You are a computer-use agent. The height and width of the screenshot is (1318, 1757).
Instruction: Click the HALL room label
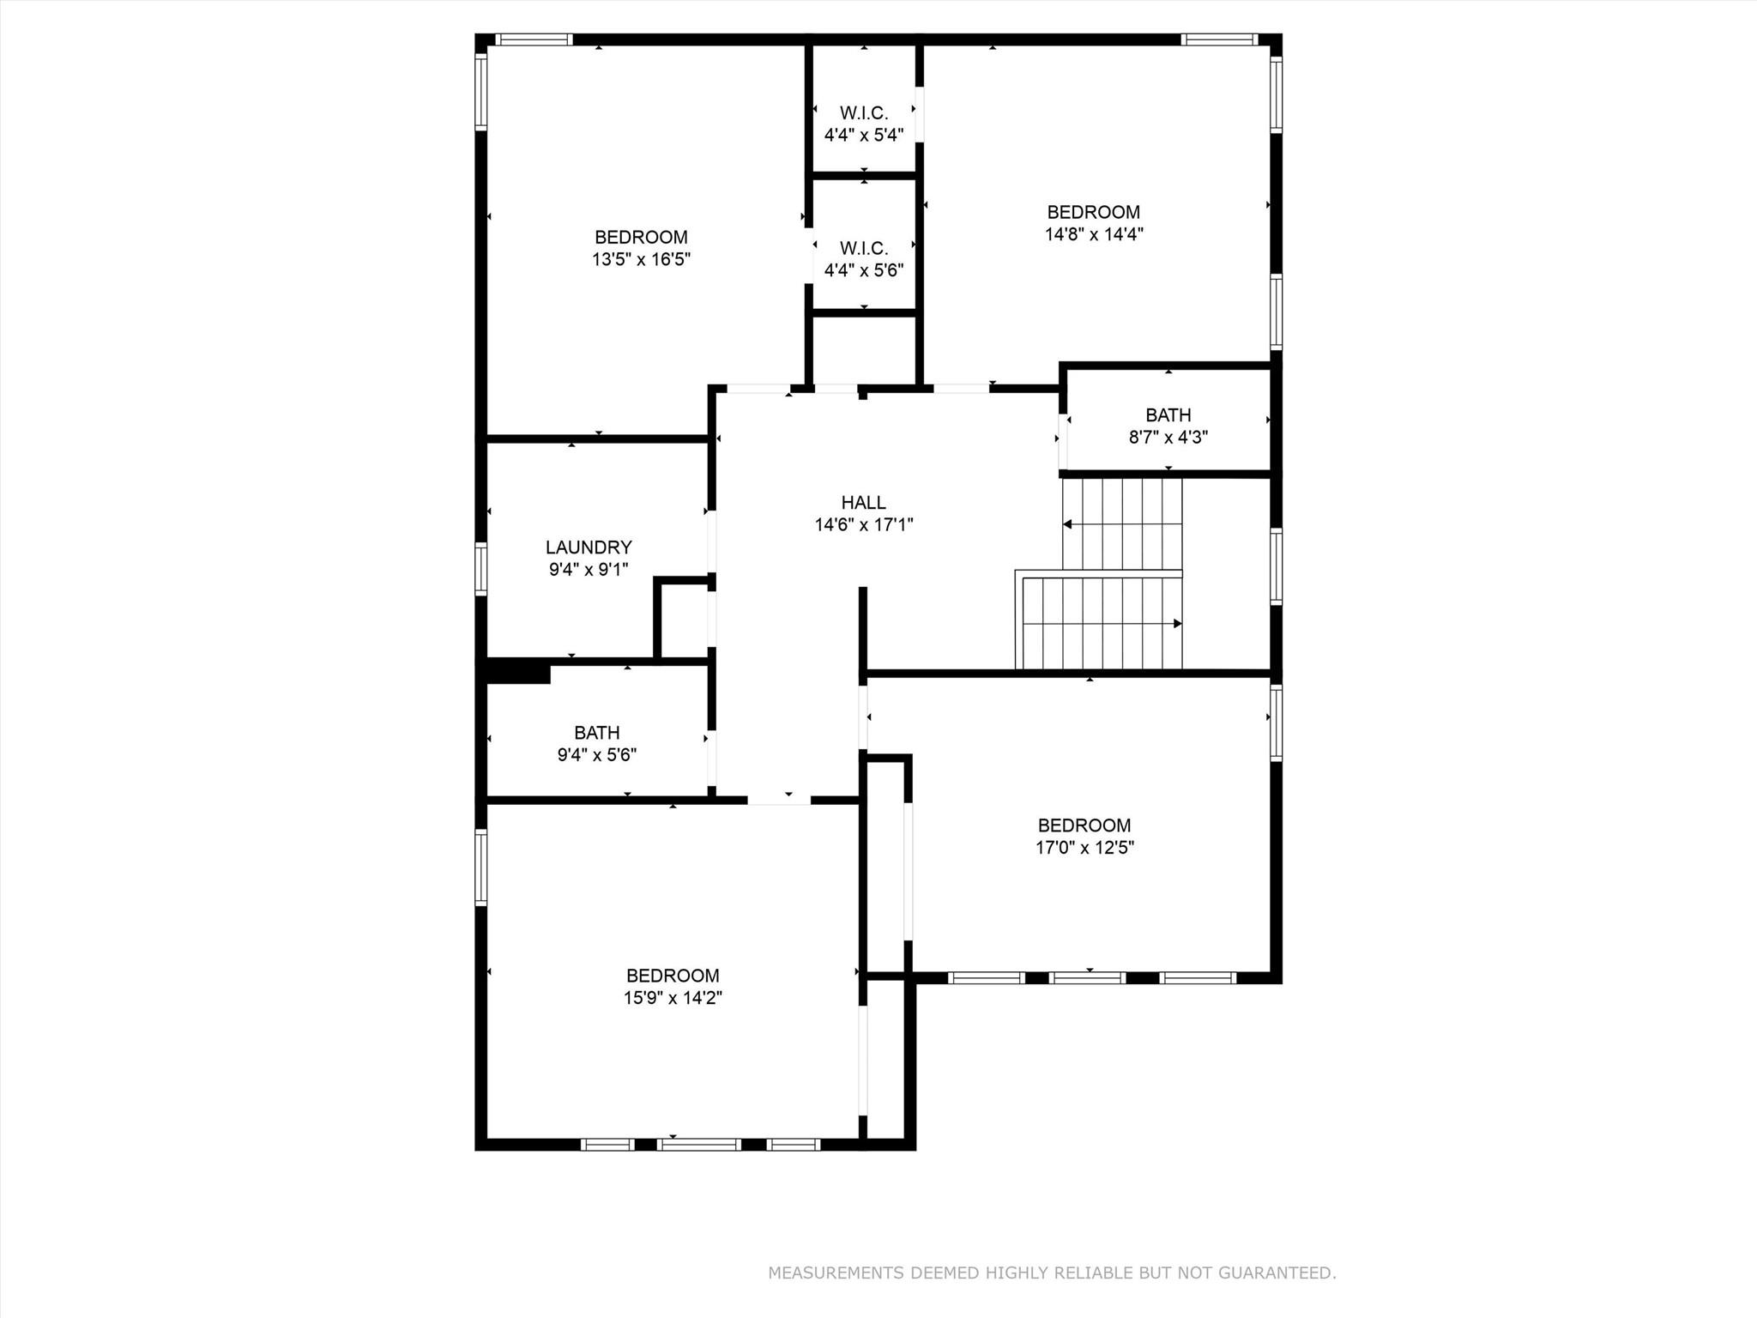pyautogui.click(x=863, y=503)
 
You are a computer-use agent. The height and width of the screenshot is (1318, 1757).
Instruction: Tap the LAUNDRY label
pyautogui.click(x=589, y=547)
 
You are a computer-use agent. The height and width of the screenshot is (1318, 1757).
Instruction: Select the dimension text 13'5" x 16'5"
pyautogui.click(x=641, y=259)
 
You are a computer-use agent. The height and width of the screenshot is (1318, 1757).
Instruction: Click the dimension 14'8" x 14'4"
pyautogui.click(x=1094, y=234)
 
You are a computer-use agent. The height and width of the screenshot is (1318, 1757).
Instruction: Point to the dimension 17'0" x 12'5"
pyautogui.click(x=1084, y=848)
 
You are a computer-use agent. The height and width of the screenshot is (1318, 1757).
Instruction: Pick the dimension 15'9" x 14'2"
pyautogui.click(x=673, y=998)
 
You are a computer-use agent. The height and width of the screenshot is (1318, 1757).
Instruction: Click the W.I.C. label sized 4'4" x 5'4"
pyautogui.click(x=864, y=113)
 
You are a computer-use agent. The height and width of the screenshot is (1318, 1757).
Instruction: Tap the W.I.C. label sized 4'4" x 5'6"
pyautogui.click(x=864, y=249)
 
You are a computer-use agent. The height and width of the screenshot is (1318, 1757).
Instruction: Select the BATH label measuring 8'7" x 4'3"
pyautogui.click(x=1168, y=415)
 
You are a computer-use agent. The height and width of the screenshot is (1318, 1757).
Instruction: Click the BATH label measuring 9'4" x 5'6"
pyautogui.click(x=596, y=733)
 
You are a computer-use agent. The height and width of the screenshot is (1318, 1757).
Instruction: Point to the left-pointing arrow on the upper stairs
pyautogui.click(x=1067, y=524)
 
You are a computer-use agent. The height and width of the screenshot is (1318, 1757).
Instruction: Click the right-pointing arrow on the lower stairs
pyautogui.click(x=1177, y=624)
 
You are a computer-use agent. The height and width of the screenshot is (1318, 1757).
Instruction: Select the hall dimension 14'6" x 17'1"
pyautogui.click(x=863, y=525)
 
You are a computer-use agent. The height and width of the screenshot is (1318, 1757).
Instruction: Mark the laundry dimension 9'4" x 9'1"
pyautogui.click(x=589, y=570)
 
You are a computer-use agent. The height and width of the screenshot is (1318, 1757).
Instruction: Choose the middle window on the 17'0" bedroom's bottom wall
pyautogui.click(x=1087, y=977)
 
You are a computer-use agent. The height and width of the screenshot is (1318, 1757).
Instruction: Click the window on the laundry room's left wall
pyautogui.click(x=481, y=569)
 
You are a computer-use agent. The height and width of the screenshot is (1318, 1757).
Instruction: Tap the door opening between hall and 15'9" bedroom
pyautogui.click(x=778, y=800)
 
